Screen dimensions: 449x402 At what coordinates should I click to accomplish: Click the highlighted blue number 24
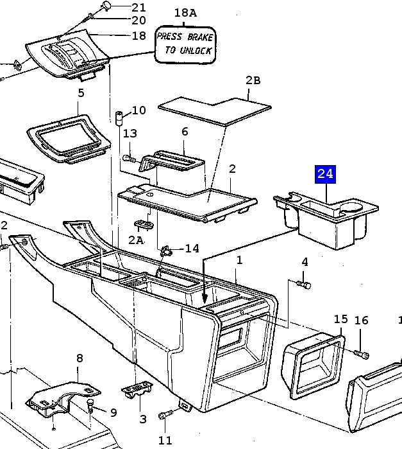pos(325,173)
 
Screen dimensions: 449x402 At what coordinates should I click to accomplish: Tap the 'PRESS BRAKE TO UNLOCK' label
pos(185,44)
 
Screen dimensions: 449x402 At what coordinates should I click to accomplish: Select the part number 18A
pos(185,13)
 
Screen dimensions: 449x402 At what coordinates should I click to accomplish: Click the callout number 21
pos(138,8)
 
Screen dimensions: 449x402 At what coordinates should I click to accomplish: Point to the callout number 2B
pos(253,80)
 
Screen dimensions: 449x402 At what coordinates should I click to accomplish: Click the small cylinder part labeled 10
pos(120,118)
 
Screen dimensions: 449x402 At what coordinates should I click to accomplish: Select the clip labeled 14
pos(165,250)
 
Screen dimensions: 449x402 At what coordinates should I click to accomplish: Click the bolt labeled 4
pos(304,283)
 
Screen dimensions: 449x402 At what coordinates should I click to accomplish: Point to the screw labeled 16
pos(362,354)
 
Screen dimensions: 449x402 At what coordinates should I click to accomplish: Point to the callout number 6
pos(185,132)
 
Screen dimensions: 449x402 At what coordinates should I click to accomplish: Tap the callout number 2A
pos(135,240)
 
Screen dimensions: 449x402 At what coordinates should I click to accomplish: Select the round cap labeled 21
pos(106,5)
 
